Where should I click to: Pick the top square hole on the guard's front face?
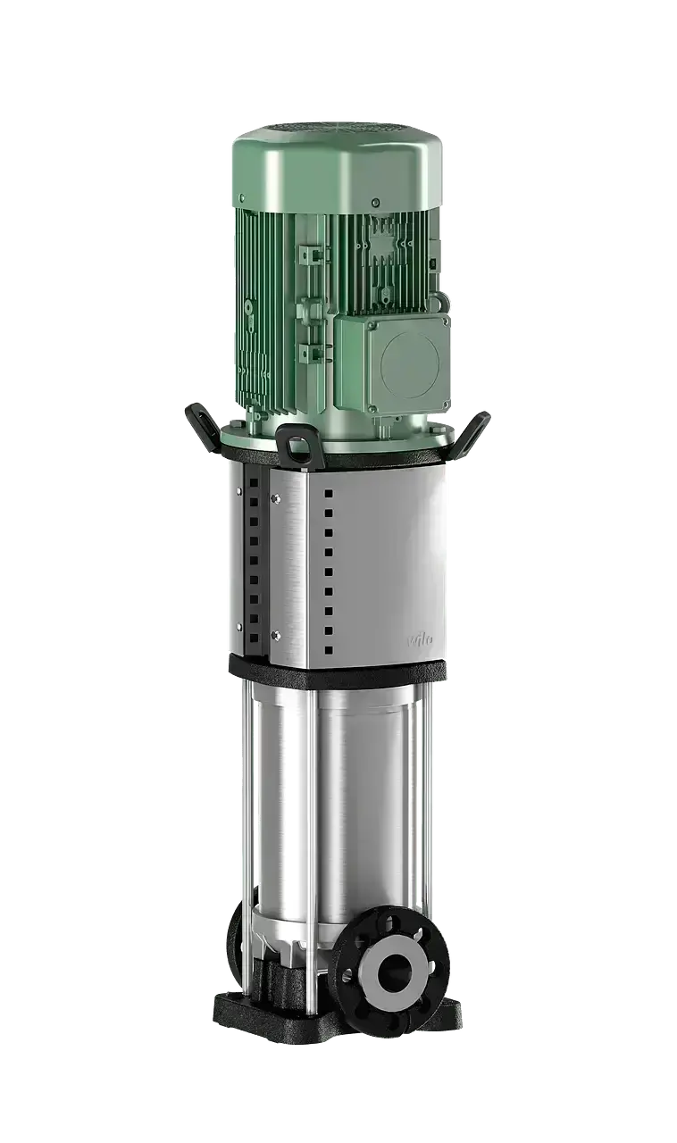328,493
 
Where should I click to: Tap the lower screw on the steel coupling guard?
275,635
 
